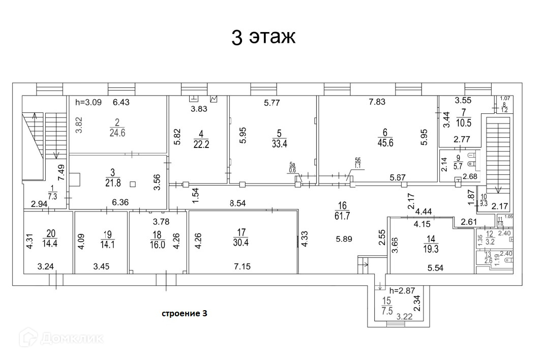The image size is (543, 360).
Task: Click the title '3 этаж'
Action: (263, 38)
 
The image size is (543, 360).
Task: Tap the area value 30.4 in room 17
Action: (241, 242)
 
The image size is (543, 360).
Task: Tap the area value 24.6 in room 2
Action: (117, 133)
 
